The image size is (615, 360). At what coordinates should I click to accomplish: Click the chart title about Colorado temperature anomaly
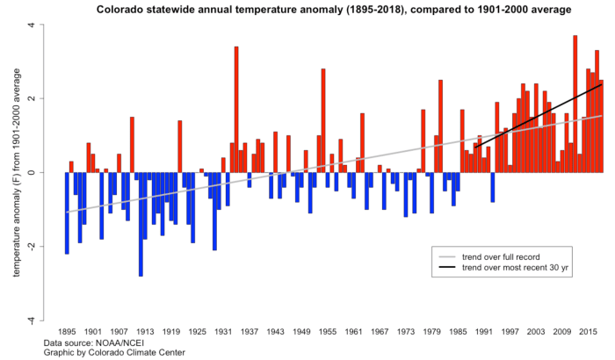322,9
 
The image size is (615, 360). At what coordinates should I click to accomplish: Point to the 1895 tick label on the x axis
67,332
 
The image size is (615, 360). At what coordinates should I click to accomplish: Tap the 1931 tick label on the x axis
223,332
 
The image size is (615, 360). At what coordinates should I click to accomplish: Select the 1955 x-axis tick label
327,332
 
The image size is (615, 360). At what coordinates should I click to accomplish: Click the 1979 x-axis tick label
431,332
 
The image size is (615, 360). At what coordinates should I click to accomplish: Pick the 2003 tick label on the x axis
535,332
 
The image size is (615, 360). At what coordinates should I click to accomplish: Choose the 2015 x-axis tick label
587,332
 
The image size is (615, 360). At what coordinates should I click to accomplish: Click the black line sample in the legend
446,267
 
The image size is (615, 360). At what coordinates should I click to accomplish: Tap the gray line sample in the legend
446,255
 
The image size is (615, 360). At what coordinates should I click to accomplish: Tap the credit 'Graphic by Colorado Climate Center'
114,352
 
